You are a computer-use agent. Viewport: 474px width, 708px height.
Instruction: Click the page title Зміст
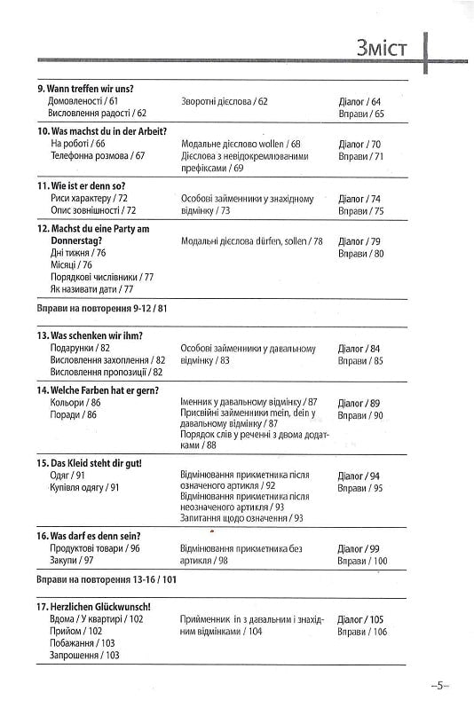pyautogui.click(x=382, y=46)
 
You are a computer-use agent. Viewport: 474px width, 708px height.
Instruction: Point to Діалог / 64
pyautogui.click(x=359, y=102)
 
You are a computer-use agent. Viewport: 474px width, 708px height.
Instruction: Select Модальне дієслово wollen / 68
pyautogui.click(x=240, y=144)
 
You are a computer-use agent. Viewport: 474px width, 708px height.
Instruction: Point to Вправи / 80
pyautogui.click(x=359, y=253)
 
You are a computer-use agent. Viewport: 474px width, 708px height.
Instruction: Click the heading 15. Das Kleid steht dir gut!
pyautogui.click(x=90, y=462)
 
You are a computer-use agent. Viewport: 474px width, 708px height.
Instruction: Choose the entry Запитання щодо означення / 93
pyautogui.click(x=241, y=518)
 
